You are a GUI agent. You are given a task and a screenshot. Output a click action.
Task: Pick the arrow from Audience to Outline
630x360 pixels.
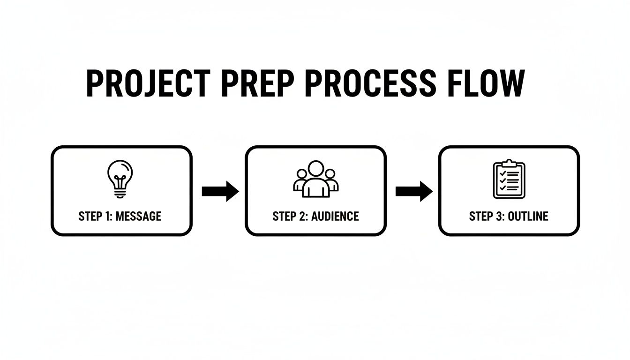(x=414, y=191)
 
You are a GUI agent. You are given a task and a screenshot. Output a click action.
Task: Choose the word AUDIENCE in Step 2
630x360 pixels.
(x=336, y=216)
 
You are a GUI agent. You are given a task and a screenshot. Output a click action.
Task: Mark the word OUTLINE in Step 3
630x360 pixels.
(x=528, y=216)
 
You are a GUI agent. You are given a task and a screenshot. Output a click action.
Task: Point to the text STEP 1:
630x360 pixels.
(x=96, y=216)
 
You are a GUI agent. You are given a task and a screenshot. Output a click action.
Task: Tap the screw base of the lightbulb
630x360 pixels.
(x=120, y=193)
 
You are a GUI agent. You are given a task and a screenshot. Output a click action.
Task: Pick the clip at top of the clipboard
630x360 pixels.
(x=509, y=163)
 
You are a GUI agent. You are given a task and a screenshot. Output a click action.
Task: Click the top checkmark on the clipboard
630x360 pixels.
(x=502, y=173)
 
